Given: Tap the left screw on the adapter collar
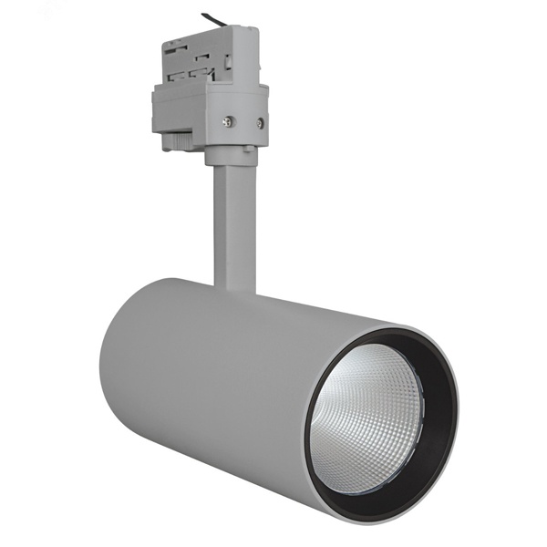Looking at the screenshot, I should point(229,120).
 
